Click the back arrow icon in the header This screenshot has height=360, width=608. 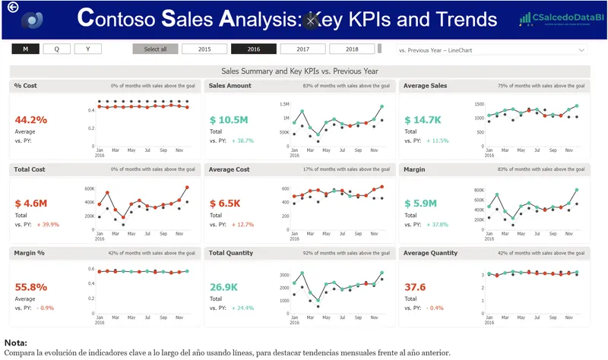point(11,8)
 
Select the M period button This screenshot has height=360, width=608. point(25,49)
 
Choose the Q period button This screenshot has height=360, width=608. point(56,49)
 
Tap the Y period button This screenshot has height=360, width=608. point(87,49)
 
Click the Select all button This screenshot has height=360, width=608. point(155,49)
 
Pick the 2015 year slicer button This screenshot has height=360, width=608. point(204,49)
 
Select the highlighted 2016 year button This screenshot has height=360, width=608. point(254,49)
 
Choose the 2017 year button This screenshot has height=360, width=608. point(302,49)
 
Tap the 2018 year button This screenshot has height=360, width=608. point(352,49)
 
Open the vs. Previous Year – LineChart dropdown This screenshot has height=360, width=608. point(492,49)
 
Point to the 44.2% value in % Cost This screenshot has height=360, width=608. point(31,120)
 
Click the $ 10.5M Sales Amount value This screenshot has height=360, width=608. point(229,120)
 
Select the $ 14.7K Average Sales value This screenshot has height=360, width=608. point(423,120)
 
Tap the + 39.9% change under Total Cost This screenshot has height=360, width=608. point(48,225)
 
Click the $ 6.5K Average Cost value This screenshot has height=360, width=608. point(225,204)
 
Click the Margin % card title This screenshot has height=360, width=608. point(29,253)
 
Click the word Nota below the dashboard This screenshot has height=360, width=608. point(16,343)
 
